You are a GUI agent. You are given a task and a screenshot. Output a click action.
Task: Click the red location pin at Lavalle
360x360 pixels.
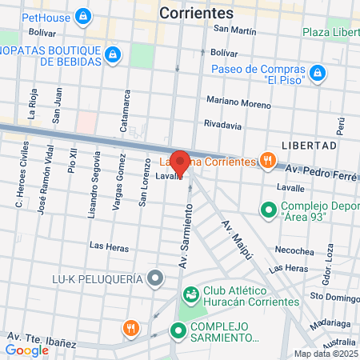180,162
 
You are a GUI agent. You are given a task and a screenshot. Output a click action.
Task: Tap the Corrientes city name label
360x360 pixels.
196,13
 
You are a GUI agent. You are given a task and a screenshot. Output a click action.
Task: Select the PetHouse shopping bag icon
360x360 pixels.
82,16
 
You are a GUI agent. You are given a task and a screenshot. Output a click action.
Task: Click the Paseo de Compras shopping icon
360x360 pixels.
318,73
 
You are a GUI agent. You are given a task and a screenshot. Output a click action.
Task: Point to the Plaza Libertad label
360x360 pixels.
331,32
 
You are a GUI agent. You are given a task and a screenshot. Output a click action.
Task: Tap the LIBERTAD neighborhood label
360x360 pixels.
309,146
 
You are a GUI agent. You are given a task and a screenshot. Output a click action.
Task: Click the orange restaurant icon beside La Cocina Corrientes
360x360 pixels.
266,160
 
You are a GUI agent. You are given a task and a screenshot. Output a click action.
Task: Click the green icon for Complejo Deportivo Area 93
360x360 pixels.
267,210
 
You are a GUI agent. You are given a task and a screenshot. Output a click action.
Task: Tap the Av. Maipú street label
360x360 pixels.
238,239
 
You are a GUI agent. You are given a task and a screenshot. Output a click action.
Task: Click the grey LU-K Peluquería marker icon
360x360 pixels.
155,279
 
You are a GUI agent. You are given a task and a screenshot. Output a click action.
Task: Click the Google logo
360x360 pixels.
26,350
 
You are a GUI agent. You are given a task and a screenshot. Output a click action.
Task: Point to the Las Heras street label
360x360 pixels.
107,246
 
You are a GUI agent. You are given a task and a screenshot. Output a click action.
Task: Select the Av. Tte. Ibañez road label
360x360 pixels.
42,340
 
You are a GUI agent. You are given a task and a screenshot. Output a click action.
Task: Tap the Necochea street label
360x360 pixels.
297,250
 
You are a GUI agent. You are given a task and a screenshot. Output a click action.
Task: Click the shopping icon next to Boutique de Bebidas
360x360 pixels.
113,54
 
